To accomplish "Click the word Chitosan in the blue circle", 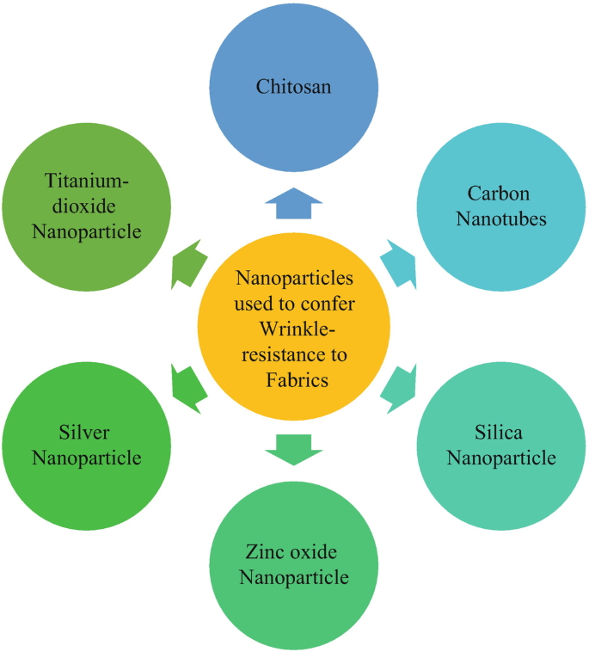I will click(294, 86).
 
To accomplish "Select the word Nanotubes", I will click(501, 218).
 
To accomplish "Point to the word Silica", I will click(499, 431).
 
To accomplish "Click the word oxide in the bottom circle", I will click(314, 551).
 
